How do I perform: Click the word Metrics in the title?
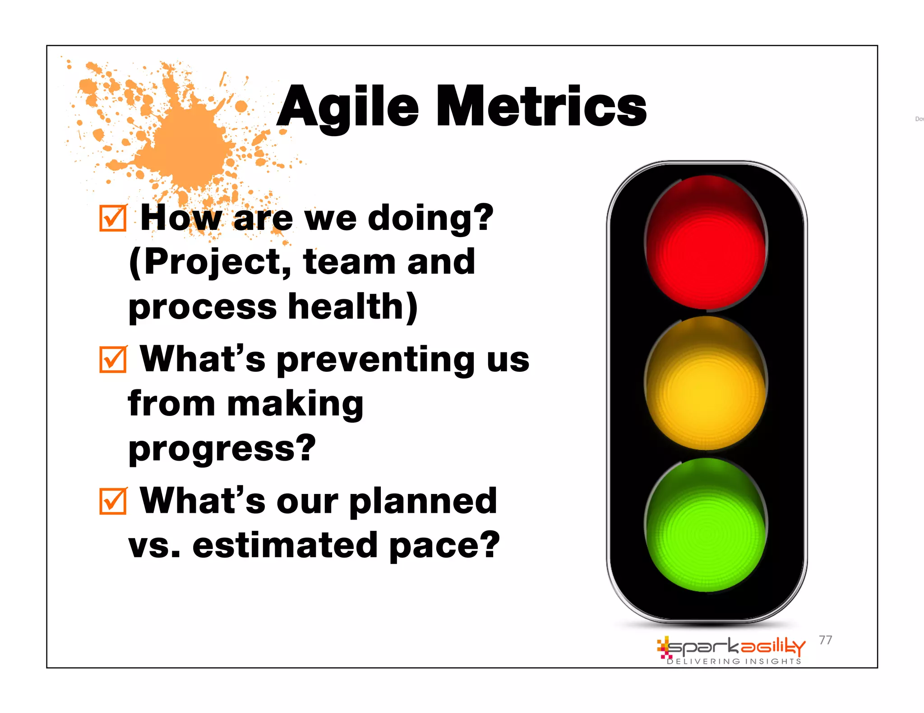[x=541, y=107]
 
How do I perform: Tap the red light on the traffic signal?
[x=706, y=243]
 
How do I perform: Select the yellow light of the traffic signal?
[x=706, y=384]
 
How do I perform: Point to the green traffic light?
[x=706, y=526]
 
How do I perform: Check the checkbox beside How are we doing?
[x=113, y=218]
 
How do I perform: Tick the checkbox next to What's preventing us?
[x=113, y=360]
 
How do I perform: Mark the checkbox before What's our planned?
[x=113, y=501]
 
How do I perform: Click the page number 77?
[x=825, y=640]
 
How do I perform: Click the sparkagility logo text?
[x=735, y=647]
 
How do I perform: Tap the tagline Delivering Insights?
[x=734, y=662]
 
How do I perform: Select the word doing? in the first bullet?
[x=431, y=218]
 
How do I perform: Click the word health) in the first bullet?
[x=353, y=307]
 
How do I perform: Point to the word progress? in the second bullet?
[x=222, y=449]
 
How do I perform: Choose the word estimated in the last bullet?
[x=285, y=545]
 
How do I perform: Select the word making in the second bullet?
[x=295, y=404]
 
